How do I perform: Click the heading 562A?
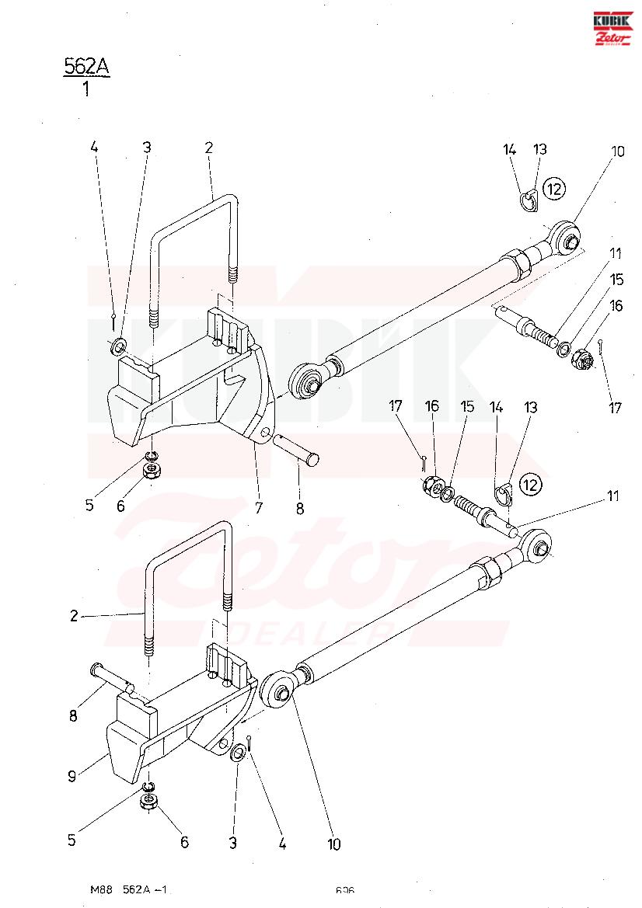[85, 67]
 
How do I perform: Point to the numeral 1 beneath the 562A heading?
[85, 89]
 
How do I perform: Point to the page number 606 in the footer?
[345, 890]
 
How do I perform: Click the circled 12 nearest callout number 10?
[553, 187]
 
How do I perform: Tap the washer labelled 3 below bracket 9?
[239, 752]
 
